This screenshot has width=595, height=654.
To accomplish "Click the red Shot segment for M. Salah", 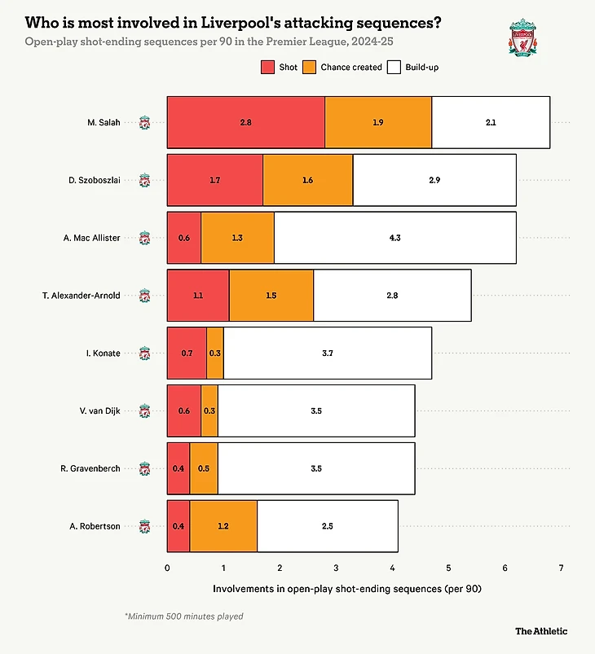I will point(245,122).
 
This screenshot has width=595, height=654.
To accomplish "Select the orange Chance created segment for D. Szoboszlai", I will point(308,180).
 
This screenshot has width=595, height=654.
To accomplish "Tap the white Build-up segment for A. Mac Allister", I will point(394,238).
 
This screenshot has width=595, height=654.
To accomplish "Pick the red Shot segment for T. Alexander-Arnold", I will point(198,295).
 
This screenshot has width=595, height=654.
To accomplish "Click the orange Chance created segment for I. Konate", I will point(214,353).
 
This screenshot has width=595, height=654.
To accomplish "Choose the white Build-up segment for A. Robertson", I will point(328,526).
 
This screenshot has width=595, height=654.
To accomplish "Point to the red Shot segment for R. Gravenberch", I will point(178,468).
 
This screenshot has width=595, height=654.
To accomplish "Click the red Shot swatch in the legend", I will point(268,67).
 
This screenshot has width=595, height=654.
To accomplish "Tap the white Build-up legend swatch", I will point(396,67).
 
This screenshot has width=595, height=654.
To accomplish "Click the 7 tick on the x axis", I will point(561,567).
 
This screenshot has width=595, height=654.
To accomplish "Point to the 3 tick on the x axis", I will point(336,567).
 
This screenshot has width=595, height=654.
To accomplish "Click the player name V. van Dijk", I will point(101,410).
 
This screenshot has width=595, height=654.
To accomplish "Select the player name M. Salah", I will point(104,122).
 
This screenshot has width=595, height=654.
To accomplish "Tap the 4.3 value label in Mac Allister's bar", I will point(394,238).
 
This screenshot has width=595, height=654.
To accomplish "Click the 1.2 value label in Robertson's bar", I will point(223,526).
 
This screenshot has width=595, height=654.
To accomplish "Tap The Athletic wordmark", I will point(541,630).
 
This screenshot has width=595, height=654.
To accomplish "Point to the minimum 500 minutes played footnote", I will point(183,617).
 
